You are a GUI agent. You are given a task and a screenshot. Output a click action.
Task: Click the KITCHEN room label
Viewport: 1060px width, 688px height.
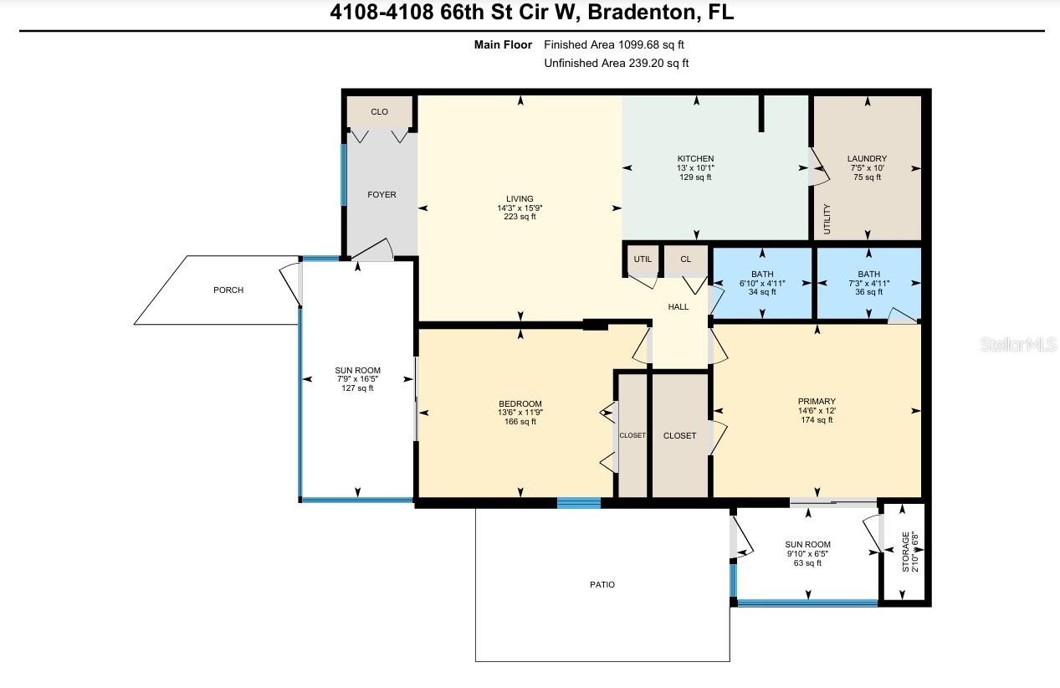(695, 159)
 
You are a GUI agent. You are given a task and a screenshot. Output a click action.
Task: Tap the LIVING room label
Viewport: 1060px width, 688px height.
(520, 199)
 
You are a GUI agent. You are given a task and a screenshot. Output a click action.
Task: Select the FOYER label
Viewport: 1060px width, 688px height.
(381, 195)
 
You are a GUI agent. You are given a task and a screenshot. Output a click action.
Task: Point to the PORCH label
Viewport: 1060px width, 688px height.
(228, 290)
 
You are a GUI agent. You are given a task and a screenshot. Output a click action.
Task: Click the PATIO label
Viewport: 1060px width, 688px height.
(602, 585)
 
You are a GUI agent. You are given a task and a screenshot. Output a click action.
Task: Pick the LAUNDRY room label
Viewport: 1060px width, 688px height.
(867, 159)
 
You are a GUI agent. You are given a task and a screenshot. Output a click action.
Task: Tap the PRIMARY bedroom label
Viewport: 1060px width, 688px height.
(817, 401)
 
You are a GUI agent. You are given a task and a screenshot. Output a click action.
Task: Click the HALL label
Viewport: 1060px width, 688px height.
(679, 307)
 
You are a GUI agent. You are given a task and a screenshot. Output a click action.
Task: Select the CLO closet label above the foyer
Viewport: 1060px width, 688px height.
(380, 112)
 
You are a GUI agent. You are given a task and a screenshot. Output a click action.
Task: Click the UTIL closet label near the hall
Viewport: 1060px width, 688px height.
(643, 259)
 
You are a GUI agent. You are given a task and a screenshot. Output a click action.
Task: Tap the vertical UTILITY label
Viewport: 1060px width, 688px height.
(827, 218)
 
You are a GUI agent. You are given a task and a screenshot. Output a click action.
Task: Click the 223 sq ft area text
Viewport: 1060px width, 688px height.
(520, 217)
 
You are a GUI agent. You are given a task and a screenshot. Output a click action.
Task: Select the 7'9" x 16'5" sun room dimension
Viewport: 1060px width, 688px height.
(357, 379)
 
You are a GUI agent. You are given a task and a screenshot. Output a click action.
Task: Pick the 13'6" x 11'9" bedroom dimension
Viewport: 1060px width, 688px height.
(520, 413)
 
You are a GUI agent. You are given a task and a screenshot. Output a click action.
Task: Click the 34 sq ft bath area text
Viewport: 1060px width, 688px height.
(762, 291)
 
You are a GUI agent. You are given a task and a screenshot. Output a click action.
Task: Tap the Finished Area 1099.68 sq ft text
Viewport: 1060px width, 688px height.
(614, 44)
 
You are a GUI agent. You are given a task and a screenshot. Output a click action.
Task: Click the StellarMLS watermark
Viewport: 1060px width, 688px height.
(1018, 344)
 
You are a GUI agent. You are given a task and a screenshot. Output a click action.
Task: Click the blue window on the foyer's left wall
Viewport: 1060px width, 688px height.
(344, 175)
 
